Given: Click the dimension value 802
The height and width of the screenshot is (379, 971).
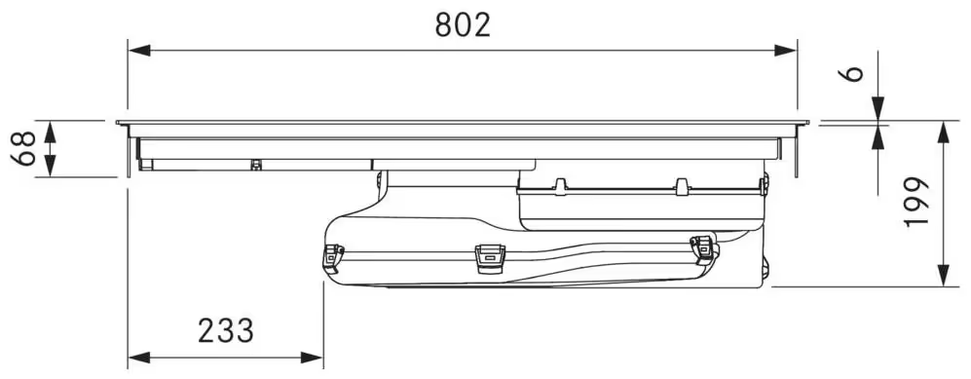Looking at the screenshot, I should click(x=463, y=24).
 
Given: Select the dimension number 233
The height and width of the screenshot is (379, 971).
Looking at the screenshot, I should click(x=226, y=331).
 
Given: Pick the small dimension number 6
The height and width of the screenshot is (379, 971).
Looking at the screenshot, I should click(x=854, y=75).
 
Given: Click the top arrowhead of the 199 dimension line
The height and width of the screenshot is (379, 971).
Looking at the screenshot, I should click(x=944, y=132).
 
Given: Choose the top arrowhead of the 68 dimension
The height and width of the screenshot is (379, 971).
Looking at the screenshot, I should click(x=52, y=130).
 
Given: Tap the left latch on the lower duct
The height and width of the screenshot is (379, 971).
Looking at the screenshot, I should click(x=333, y=256).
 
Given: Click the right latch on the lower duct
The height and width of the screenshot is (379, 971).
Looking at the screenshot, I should click(x=701, y=248).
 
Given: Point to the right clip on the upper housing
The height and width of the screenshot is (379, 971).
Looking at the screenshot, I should click(x=682, y=185).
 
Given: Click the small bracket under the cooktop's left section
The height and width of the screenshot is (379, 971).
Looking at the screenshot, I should click(x=255, y=165).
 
